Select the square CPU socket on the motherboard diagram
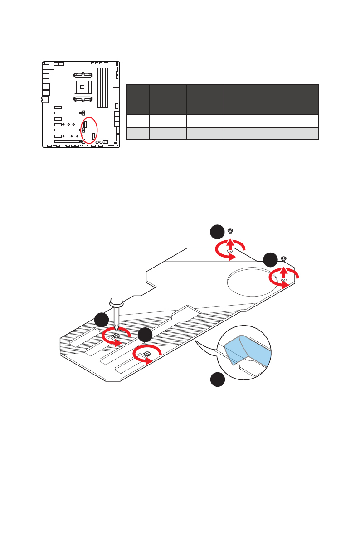click(x=83, y=85)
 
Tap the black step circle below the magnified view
click(x=217, y=380)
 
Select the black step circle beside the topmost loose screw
click(x=217, y=232)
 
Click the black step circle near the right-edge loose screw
click(x=270, y=260)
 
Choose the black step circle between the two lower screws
click(x=145, y=335)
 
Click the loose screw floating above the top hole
click(x=231, y=231)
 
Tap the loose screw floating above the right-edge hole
click(x=284, y=259)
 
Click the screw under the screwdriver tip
click(x=117, y=336)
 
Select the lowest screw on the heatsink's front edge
click(x=147, y=354)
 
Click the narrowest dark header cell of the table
click(x=138, y=99)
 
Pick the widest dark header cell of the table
click(x=271, y=99)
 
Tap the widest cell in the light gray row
click(x=271, y=133)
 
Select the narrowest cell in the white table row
click(x=138, y=121)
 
